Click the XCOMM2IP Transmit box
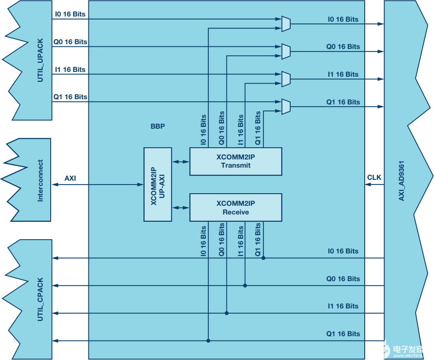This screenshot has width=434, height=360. coord(236,161)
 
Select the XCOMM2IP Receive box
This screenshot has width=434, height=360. coord(236,208)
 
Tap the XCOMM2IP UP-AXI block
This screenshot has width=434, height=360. coord(158,185)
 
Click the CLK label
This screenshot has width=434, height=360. coord(374,177)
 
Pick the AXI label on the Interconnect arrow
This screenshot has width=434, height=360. coord(70,178)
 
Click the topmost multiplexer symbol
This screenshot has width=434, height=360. coord(286,24)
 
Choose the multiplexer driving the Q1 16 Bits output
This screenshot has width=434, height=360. coord(286,107)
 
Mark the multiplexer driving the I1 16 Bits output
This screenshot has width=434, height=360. coord(286,79)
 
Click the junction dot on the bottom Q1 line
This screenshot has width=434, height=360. coord(208,341)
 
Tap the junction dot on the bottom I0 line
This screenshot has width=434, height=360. coord(263,258)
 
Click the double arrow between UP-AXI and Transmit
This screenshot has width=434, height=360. coord(181,162)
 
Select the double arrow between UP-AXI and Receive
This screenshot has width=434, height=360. coord(181,208)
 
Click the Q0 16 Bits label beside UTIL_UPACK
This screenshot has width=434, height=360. coord(70,42)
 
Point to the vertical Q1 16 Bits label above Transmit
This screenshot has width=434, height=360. coord(258,128)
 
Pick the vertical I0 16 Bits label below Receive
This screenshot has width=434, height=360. coord(203,240)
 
